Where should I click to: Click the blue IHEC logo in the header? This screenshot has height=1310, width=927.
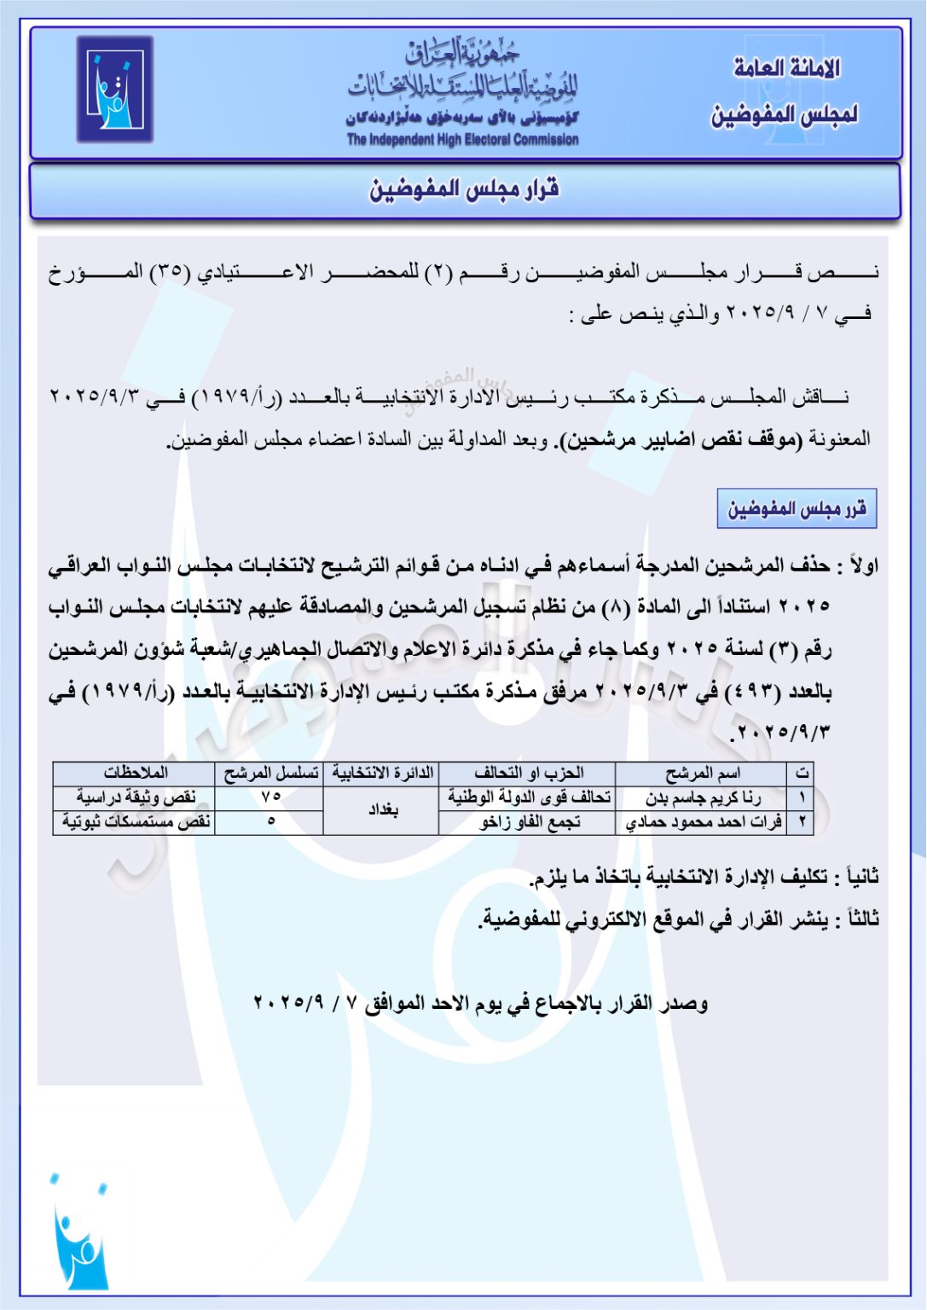pos(115,90)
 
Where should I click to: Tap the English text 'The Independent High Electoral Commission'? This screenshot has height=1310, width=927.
pos(462,140)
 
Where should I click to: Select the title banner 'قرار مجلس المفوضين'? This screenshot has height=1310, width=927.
pos(465,189)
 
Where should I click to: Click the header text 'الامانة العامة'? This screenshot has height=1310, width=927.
pos(787,68)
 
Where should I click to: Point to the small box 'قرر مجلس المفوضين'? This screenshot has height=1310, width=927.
pos(797,509)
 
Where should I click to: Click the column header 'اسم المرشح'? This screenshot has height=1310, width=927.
pos(703,774)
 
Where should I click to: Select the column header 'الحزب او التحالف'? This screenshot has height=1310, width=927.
pos(529,774)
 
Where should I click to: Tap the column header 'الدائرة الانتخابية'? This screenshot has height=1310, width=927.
pos(383,774)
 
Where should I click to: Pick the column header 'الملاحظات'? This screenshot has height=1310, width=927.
pos(136,774)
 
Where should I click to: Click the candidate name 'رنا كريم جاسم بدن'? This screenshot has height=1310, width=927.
pos(703,798)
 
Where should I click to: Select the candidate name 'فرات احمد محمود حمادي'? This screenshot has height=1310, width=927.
pos(703,822)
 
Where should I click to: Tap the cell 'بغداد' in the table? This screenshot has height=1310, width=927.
pos(383,810)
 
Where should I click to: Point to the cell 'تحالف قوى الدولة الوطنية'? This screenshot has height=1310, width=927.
pos(529,798)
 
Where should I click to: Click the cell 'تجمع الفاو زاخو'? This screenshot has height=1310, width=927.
pos(529,822)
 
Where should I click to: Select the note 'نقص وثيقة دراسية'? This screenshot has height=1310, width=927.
pos(136,798)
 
